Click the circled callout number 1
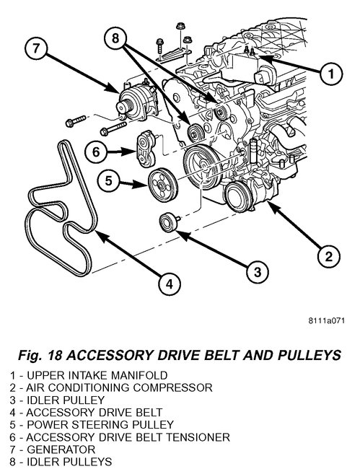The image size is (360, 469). tap(330, 74)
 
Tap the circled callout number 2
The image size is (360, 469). tap(328, 257)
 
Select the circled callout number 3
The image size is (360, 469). tap(258, 272)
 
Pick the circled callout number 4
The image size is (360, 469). tap(170, 284)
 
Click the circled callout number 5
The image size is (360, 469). tap(108, 180)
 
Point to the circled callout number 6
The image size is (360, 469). tap(96, 152)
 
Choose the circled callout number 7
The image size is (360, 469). tap(36, 48)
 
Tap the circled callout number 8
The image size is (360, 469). tap(115, 38)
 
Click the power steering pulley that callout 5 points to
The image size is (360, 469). tap(163, 185)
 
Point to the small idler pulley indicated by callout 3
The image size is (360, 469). tap(168, 222)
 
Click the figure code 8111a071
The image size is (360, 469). tap(327, 320)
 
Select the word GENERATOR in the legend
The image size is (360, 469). tap(61, 450)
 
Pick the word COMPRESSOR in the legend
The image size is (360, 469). tap(173, 387)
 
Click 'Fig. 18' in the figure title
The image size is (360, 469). tap(40, 355)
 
